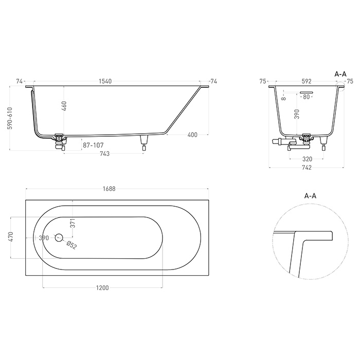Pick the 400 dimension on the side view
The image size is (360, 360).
point(192,135)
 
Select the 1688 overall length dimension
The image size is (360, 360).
point(109,189)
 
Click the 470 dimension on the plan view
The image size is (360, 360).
point(10,238)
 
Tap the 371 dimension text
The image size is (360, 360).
point(73,223)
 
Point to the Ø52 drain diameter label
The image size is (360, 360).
point(71,245)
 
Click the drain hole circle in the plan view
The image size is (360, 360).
point(58,238)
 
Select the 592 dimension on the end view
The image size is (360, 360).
point(307,81)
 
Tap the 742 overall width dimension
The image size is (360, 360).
point(307,168)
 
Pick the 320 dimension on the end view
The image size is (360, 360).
point(307,159)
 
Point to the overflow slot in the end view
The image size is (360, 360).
point(307,93)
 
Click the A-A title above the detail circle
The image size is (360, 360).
point(310,195)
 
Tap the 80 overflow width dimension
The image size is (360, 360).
point(307,97)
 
